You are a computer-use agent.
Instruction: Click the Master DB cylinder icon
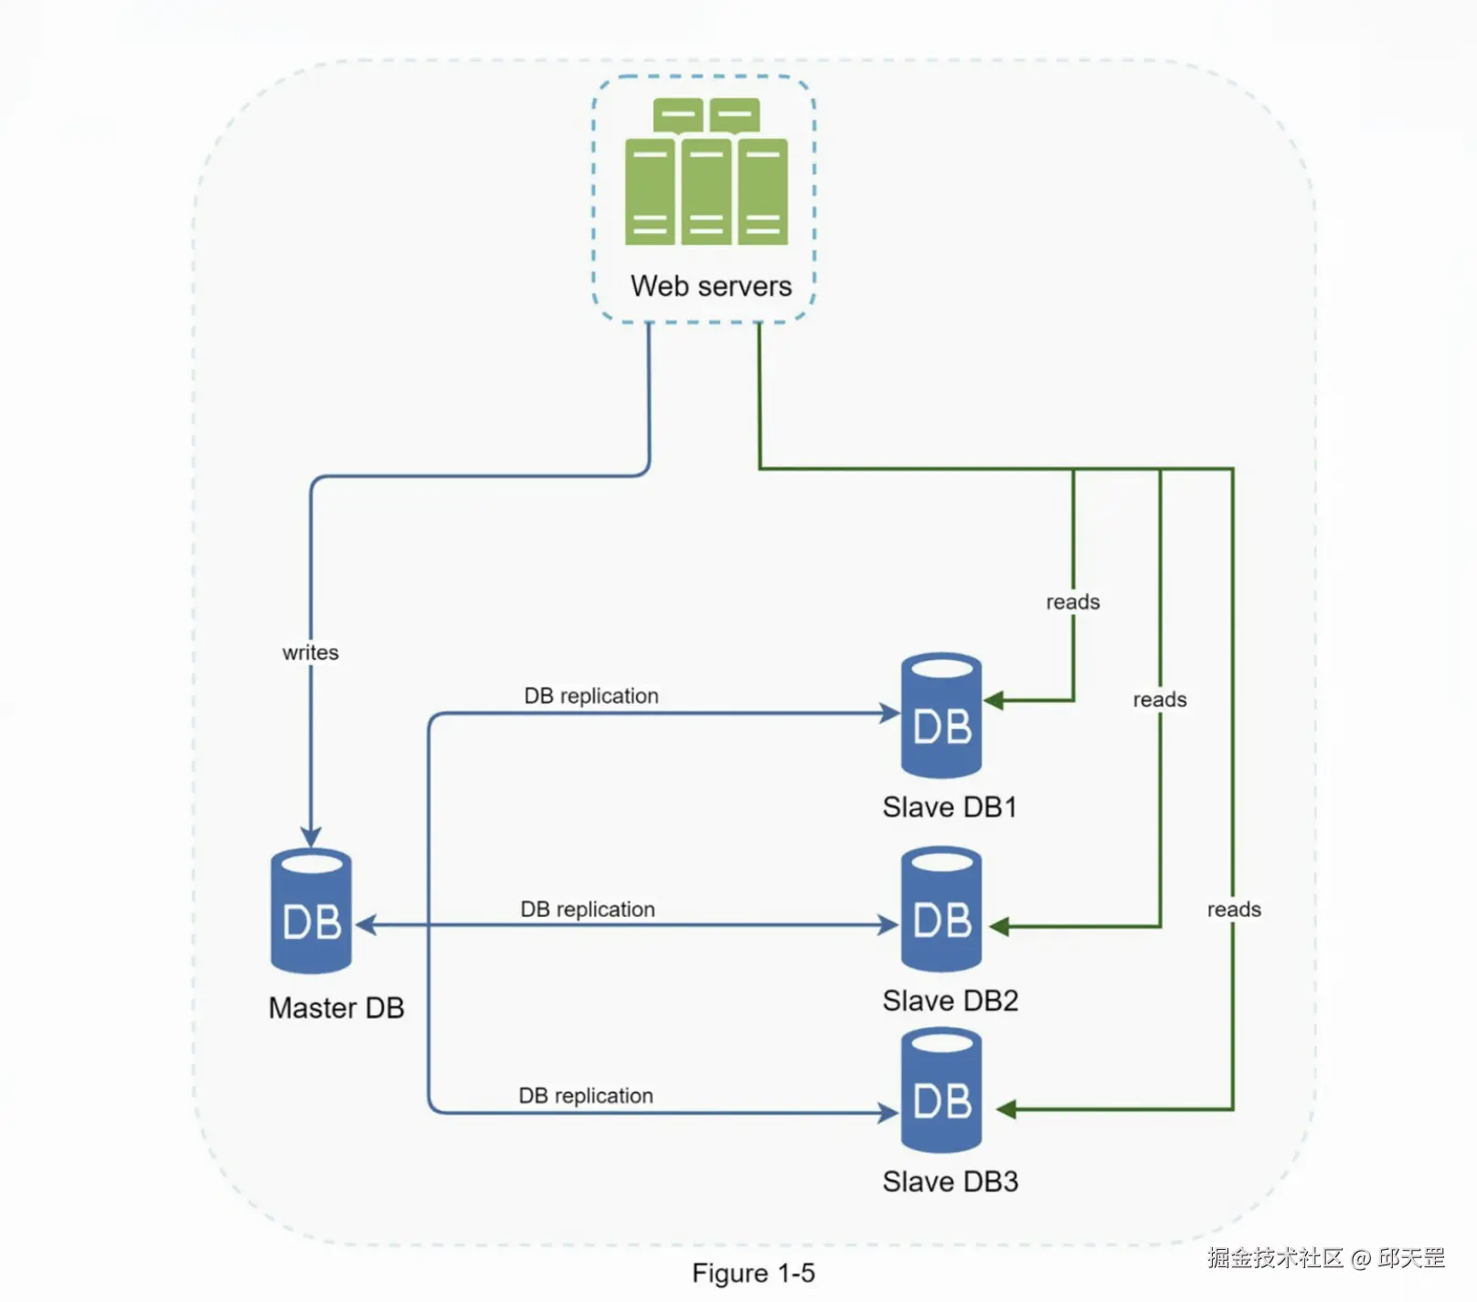pos(311,911)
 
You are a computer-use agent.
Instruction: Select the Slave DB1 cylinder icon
pos(941,715)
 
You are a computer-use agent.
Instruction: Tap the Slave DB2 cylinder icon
pos(941,909)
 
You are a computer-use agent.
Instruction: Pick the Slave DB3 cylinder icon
pos(941,1090)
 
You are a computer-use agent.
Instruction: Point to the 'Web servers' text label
pos(711,286)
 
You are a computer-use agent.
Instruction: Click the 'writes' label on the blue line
pos(311,652)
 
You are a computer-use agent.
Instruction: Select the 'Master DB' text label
pos(336,1008)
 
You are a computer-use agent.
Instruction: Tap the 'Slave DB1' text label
pos(950,807)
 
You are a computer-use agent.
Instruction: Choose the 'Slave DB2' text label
pos(951,1001)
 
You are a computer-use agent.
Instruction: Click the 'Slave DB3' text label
pos(951,1182)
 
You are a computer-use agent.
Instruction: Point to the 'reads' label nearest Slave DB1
pos(1073,602)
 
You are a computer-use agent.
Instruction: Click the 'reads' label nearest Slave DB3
pos(1234,909)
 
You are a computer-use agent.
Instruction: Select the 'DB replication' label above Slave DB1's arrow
pos(591,696)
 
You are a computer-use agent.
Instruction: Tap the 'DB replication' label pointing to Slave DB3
pos(586,1095)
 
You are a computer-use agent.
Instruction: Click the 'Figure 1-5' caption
pos(753,1273)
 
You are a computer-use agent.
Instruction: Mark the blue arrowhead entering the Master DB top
pos(311,837)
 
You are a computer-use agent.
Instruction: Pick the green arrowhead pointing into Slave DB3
pos(1006,1110)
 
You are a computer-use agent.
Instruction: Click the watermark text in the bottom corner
pos(1325,1258)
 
